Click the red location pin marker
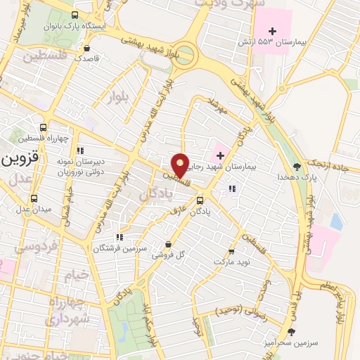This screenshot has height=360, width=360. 181,165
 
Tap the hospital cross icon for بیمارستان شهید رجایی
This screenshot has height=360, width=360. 219,155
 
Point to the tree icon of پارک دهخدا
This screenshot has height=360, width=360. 297,167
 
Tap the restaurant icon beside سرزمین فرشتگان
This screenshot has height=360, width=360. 119,238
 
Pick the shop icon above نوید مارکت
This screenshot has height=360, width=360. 232,250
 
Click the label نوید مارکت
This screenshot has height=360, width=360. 232,261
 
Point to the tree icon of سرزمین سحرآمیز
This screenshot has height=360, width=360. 291,331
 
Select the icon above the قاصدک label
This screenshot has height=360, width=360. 86,49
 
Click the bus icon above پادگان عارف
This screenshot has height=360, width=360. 200,201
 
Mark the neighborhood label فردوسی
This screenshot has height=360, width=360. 36,246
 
